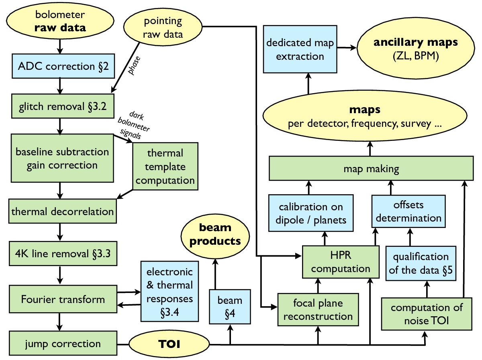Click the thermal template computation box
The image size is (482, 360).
(165, 166)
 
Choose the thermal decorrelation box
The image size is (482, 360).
(62, 211)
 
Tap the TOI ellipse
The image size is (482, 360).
(169, 344)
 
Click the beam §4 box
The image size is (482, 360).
(230, 307)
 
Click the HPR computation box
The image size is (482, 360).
(341, 262)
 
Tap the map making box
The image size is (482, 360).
(371, 169)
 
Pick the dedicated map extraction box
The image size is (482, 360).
(300, 49)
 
